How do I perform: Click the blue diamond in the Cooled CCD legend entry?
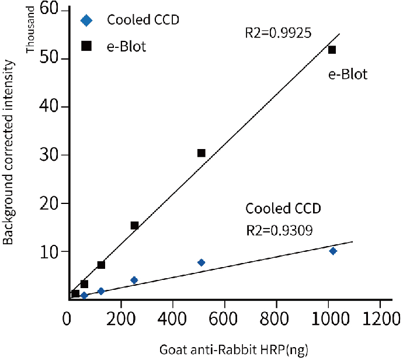[x=86, y=20]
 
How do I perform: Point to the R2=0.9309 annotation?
[x=279, y=230]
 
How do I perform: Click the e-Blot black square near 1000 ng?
[x=332, y=50]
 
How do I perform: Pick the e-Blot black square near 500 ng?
[x=201, y=153]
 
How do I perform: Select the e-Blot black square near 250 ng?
[x=134, y=226]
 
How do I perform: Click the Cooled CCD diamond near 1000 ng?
[x=333, y=251]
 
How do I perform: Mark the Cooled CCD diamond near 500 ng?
[x=201, y=262]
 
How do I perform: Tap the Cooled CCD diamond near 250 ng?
[x=134, y=280]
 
